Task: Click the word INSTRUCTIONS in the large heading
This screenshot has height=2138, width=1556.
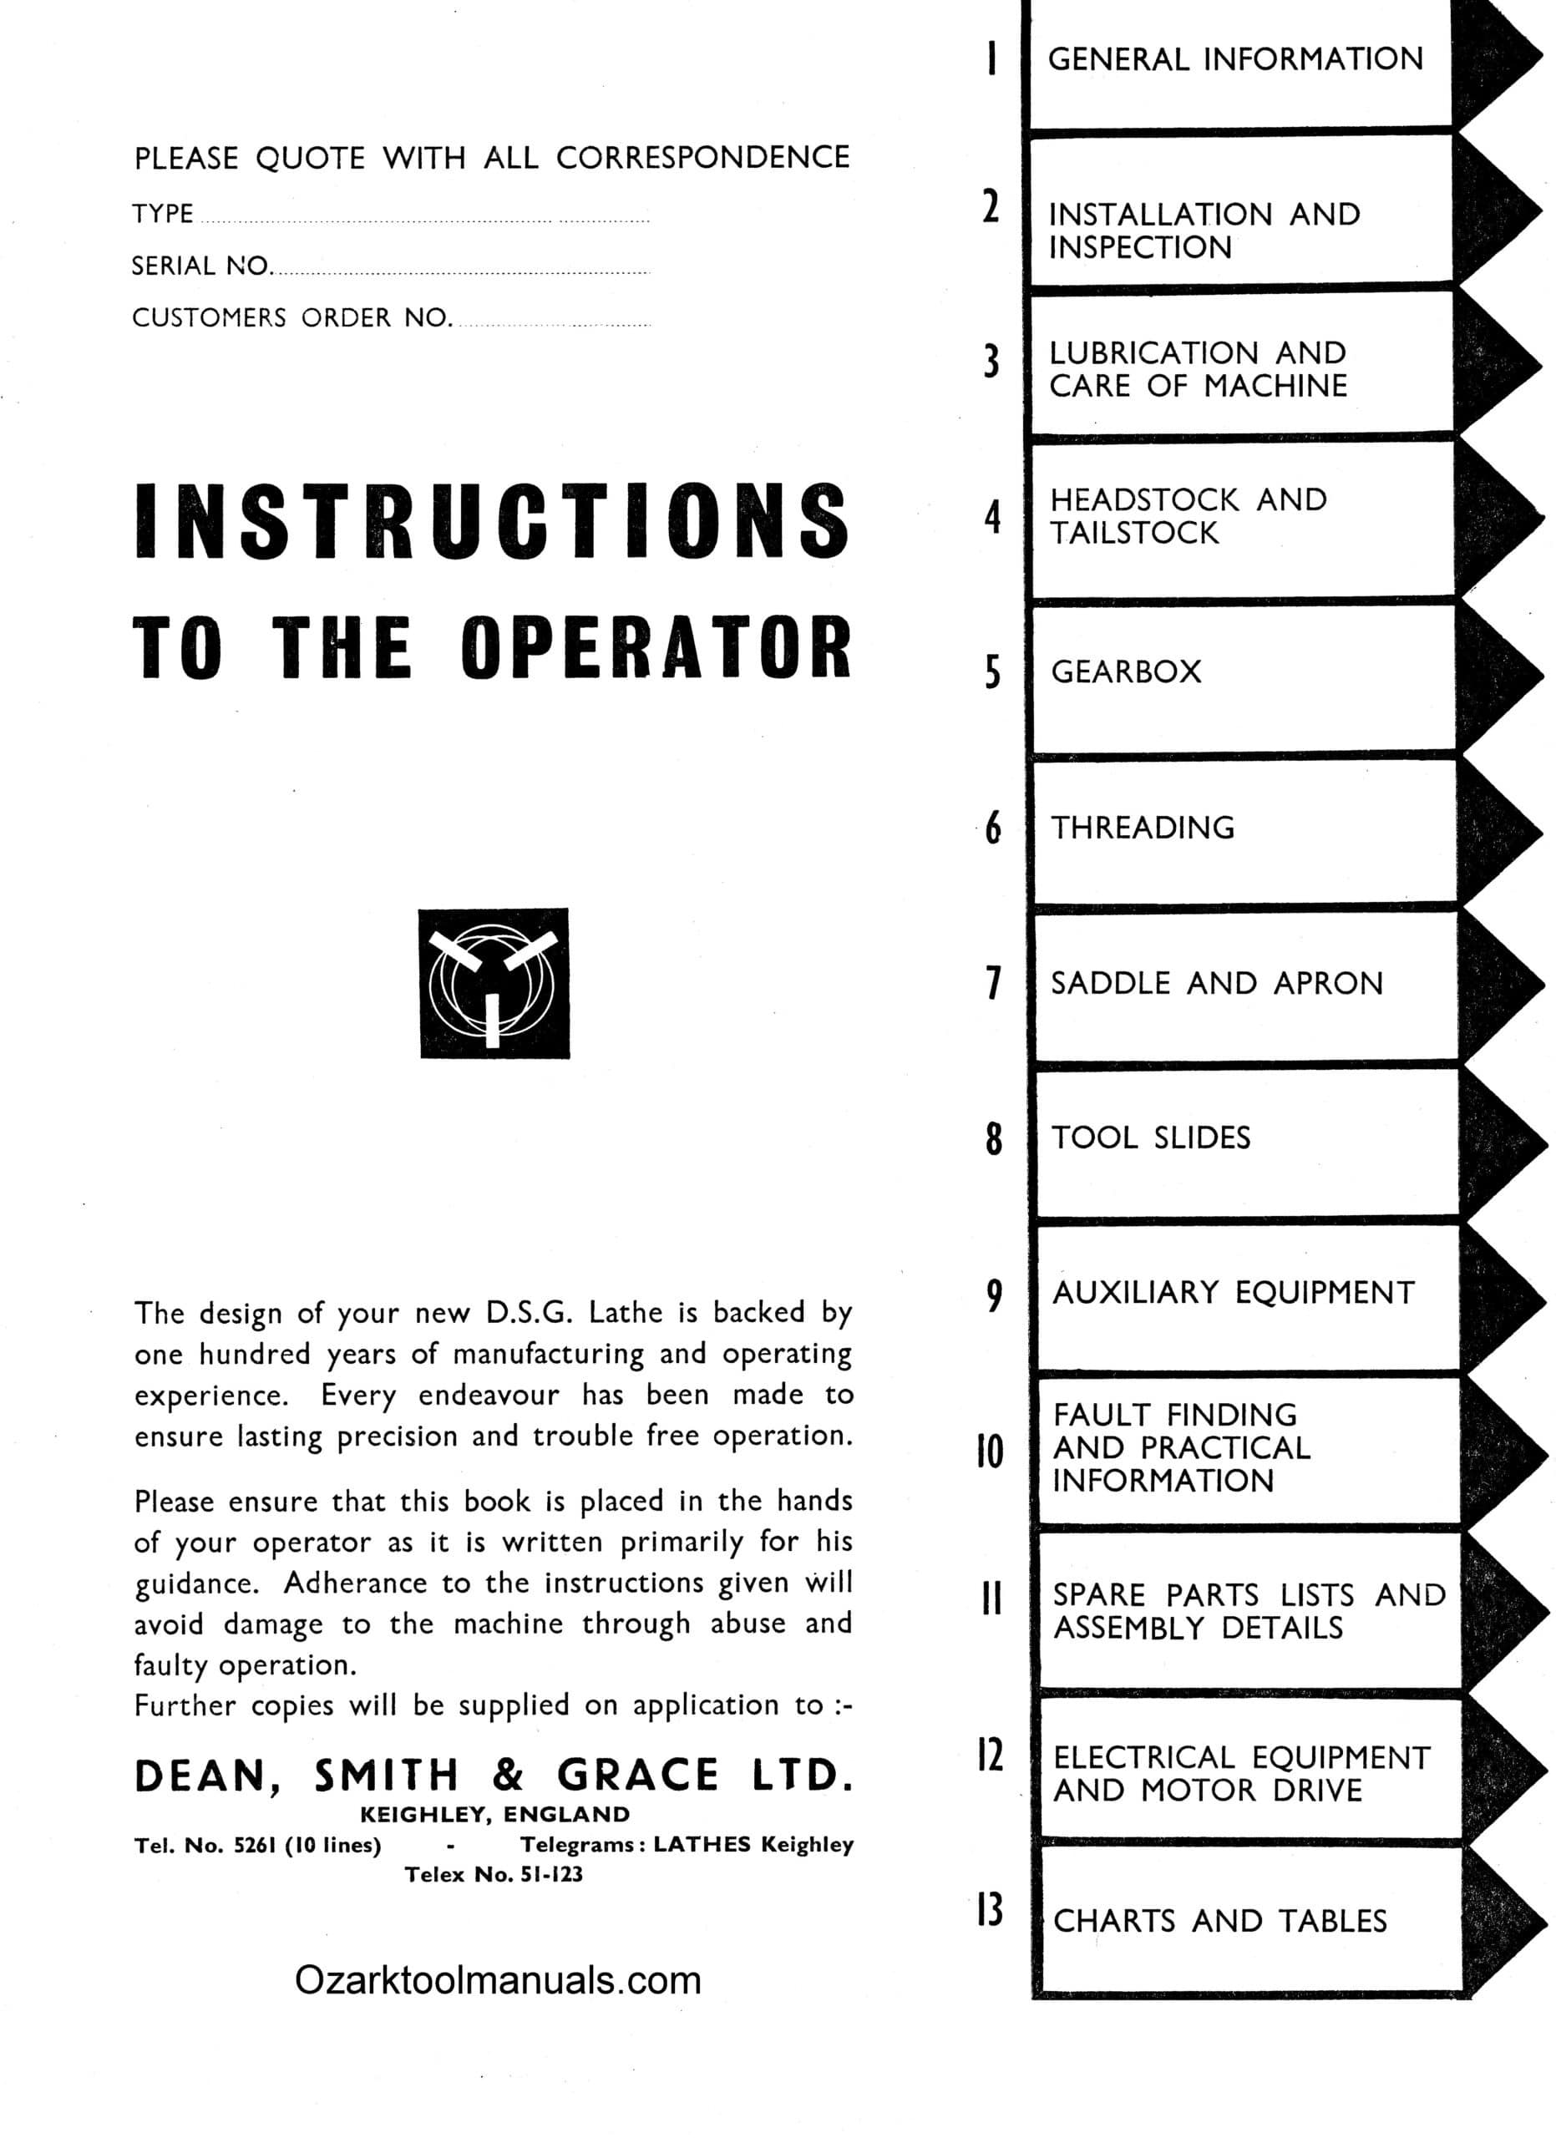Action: [x=492, y=519]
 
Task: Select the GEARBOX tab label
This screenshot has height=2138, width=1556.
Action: [x=1126, y=672]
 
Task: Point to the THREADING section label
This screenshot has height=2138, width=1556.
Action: [x=1143, y=828]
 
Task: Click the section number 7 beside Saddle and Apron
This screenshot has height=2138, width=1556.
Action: [x=992, y=982]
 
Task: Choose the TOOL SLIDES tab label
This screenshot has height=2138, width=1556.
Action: [x=1151, y=1137]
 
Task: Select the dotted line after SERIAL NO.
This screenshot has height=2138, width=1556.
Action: [x=462, y=271]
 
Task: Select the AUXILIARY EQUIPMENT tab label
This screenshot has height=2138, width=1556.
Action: [x=1233, y=1293]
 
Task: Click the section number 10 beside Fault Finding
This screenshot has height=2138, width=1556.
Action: [x=990, y=1452]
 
